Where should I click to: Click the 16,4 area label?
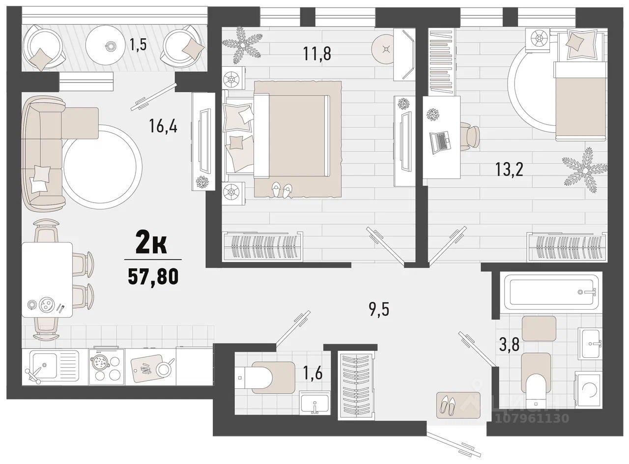tap(163, 126)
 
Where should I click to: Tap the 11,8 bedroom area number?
tap(317, 54)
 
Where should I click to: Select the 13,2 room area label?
tap(509, 170)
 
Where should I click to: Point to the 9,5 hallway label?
tap(379, 310)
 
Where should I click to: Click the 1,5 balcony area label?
tap(138, 44)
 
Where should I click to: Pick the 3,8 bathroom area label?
tap(509, 345)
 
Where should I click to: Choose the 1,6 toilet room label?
tap(313, 373)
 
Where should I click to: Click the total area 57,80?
tap(153, 277)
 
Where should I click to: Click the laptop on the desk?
tap(440, 143)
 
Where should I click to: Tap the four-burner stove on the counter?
tap(107, 367)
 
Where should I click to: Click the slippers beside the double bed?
tap(282, 190)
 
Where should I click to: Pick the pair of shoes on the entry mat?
tap(447, 406)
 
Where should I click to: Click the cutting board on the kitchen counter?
tap(147, 369)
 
